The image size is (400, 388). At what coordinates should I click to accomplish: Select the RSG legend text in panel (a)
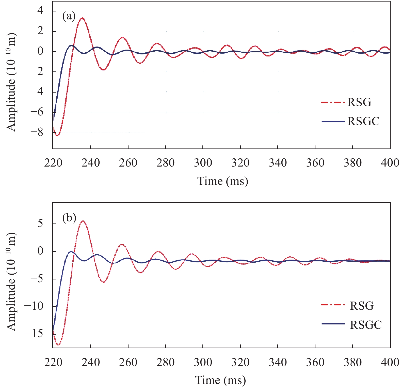coord(359,102)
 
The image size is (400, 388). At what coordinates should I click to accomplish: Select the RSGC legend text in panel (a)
coord(363,121)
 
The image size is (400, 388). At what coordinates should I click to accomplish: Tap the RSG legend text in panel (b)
coord(361,306)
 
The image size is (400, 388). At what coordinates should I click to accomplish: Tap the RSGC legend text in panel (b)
coord(365,325)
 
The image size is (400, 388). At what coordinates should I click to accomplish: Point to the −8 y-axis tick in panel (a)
coord(37,132)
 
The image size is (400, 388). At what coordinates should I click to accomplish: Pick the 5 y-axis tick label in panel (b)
coord(40,224)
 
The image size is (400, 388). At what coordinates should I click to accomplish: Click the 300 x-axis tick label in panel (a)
coord(203,163)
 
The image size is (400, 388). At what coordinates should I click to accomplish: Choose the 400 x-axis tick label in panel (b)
coord(390,362)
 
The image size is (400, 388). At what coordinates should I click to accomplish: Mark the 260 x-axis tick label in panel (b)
coord(128,362)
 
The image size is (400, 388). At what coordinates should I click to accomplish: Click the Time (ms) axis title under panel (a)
coord(222,181)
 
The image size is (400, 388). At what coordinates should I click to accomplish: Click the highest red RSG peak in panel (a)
coord(82,18)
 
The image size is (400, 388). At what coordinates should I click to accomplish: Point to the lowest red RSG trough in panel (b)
coord(58,345)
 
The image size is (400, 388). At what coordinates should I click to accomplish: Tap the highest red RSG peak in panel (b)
coord(83,221)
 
